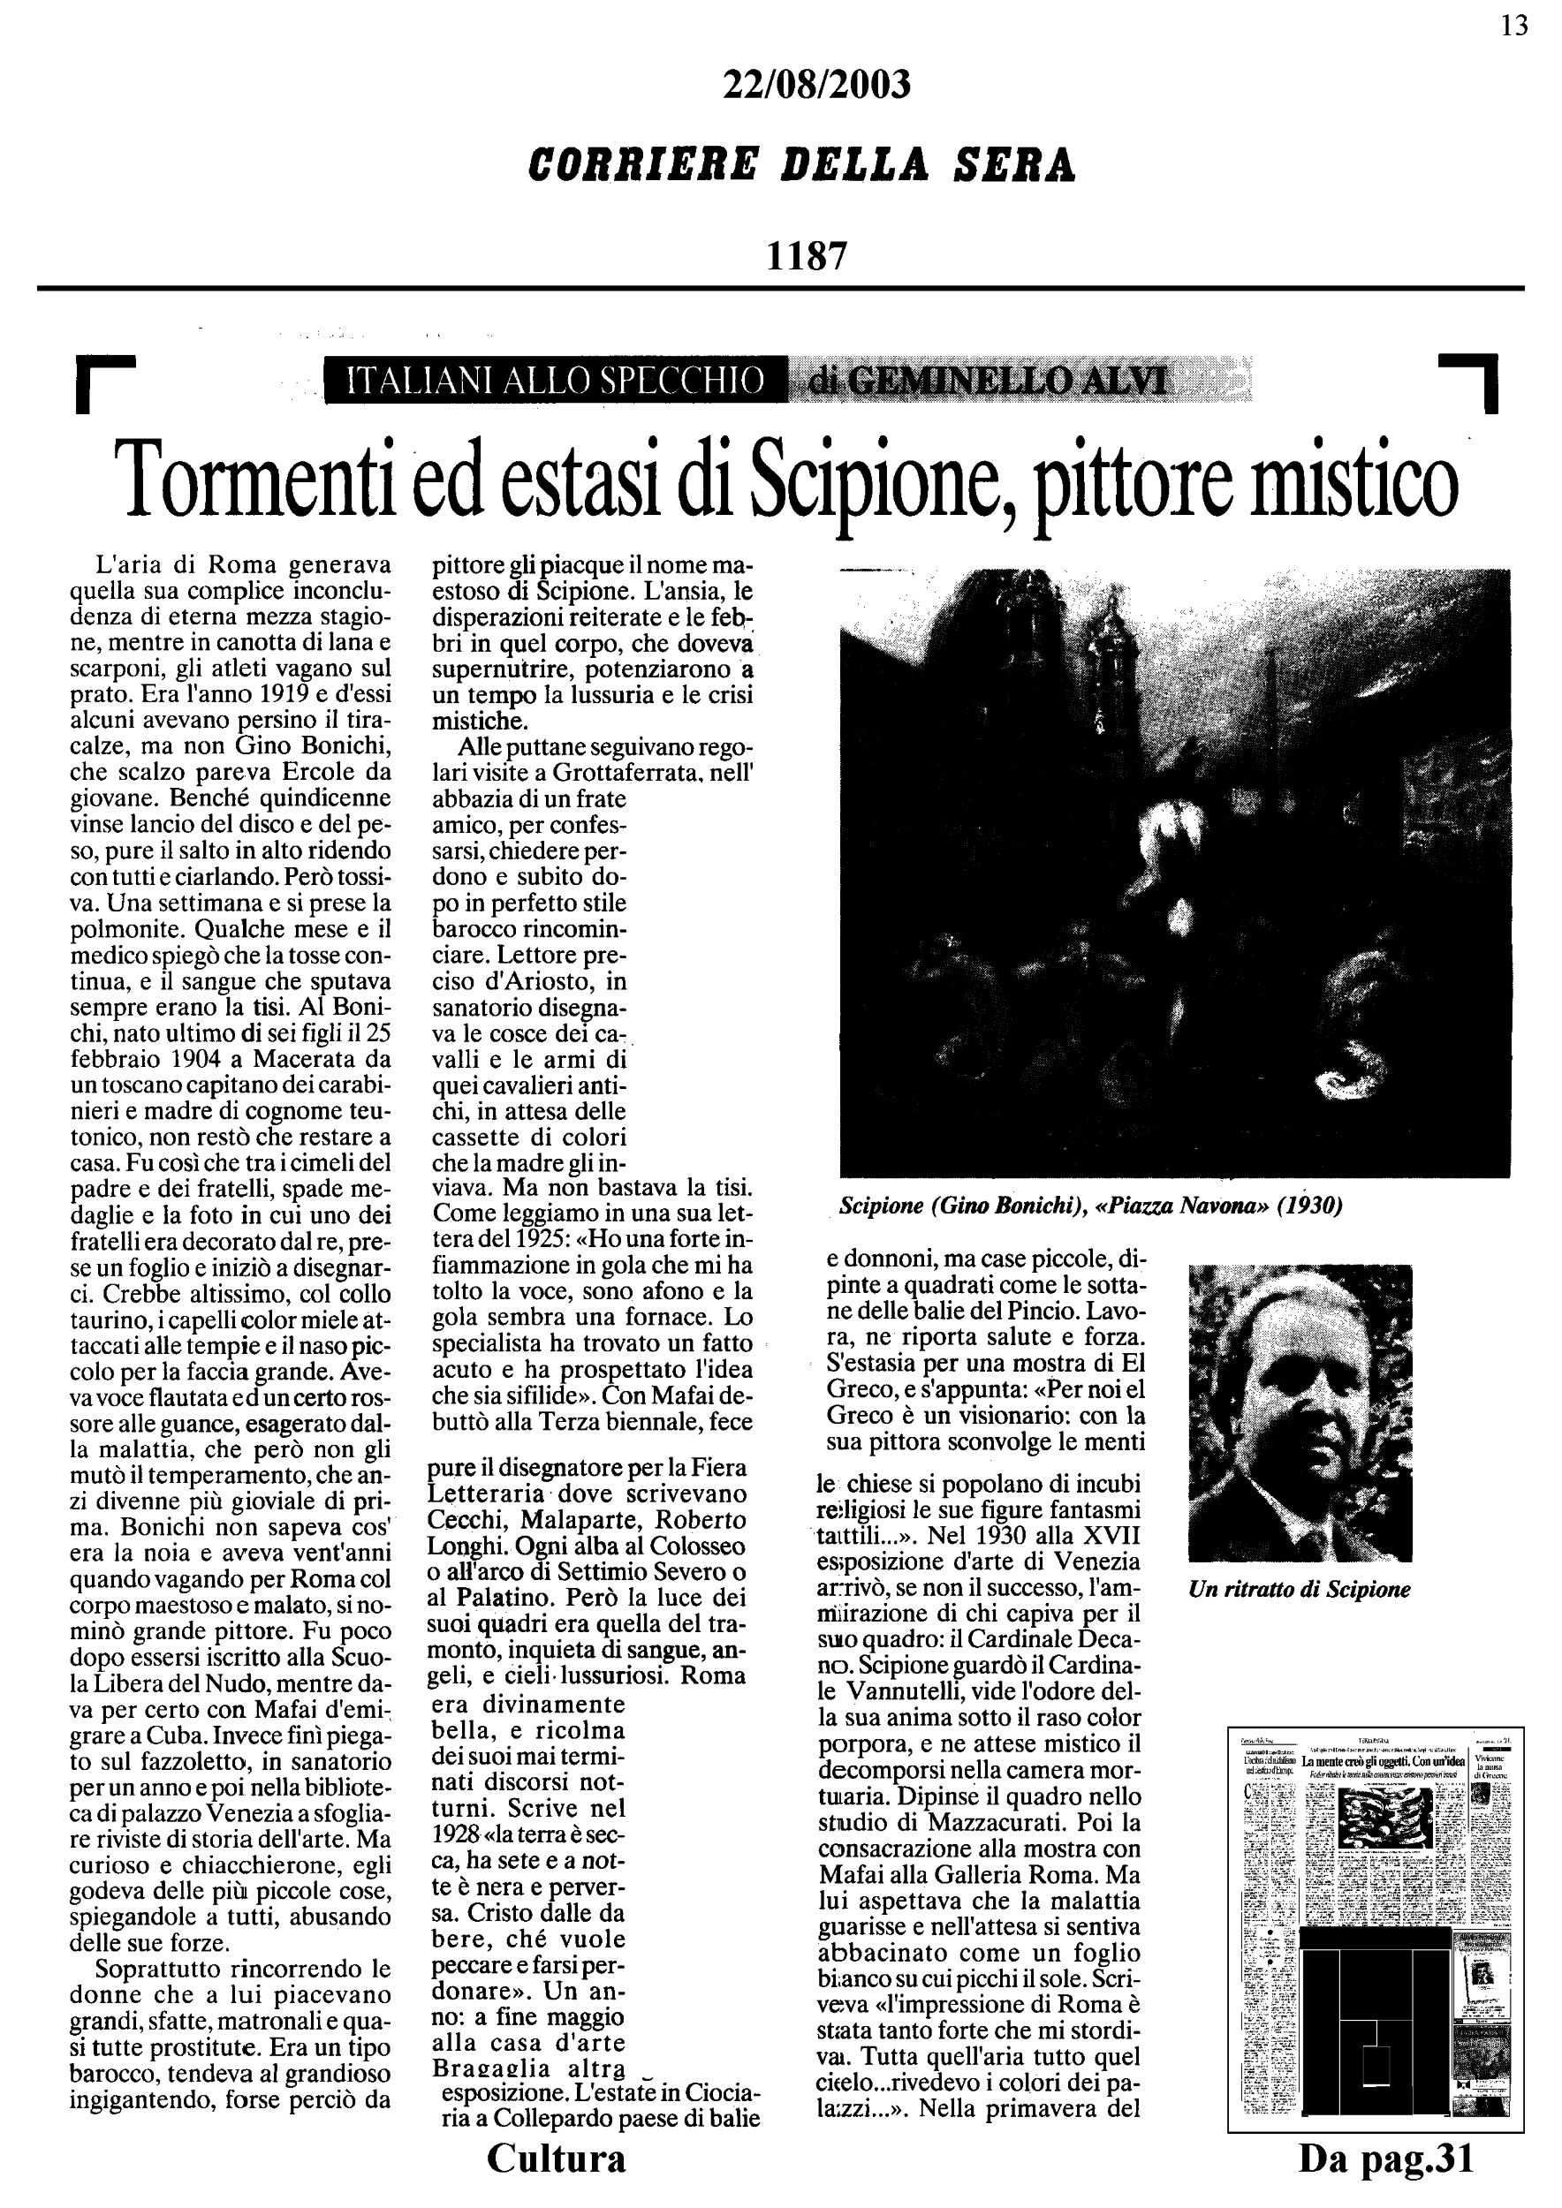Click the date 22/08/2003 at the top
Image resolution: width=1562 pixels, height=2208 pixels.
(815, 86)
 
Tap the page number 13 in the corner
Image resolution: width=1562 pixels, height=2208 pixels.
(1514, 26)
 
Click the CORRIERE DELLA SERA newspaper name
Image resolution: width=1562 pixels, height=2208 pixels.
(802, 165)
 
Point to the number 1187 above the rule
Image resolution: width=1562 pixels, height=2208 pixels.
(806, 256)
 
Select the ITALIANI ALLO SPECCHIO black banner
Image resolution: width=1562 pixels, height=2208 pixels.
(555, 381)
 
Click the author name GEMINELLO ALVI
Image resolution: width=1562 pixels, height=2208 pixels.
(1006, 382)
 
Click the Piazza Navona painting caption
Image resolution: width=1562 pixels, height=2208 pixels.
(1091, 1205)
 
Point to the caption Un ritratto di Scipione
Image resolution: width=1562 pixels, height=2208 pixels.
(1300, 1590)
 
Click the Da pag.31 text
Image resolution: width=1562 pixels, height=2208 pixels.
(1386, 2158)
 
